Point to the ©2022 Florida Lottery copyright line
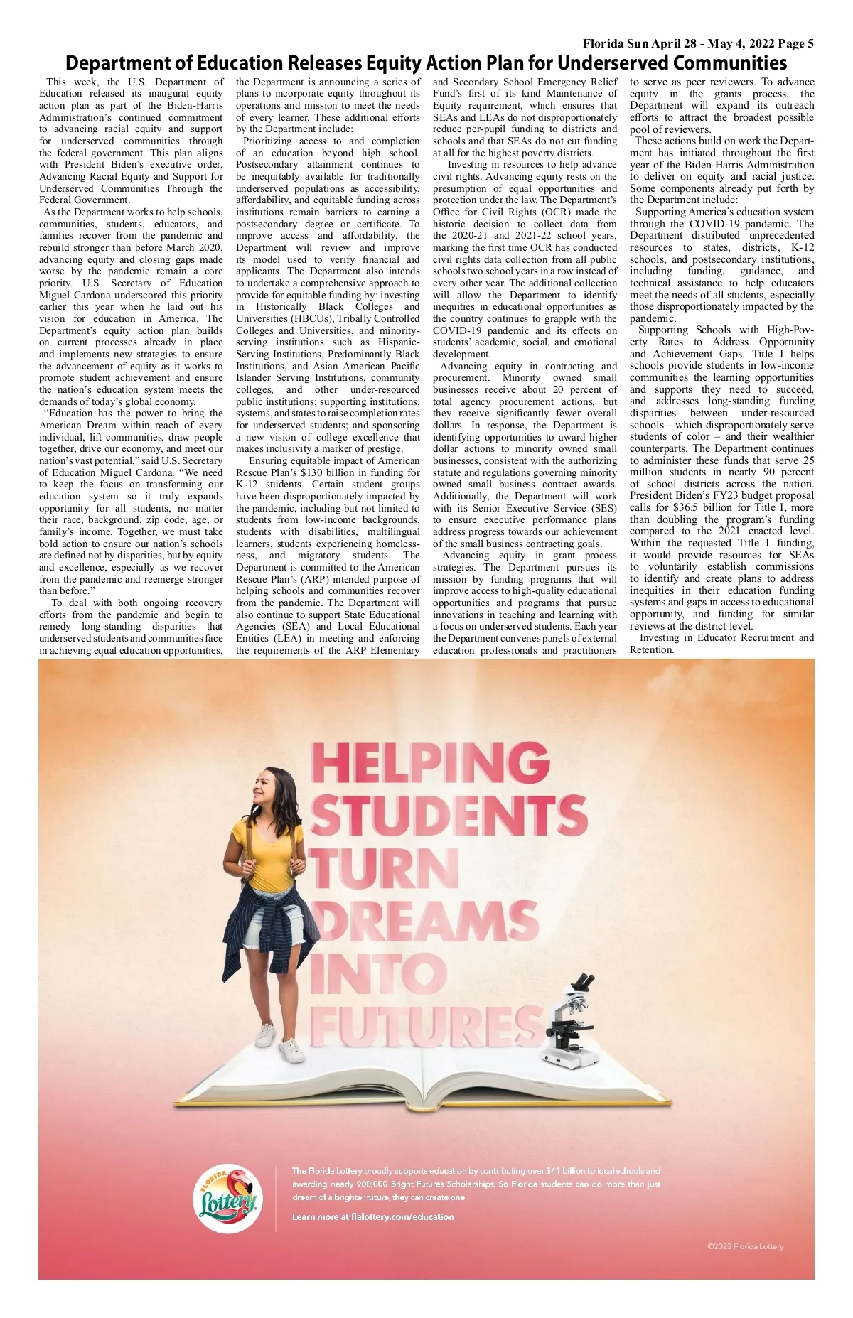(745, 1246)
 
